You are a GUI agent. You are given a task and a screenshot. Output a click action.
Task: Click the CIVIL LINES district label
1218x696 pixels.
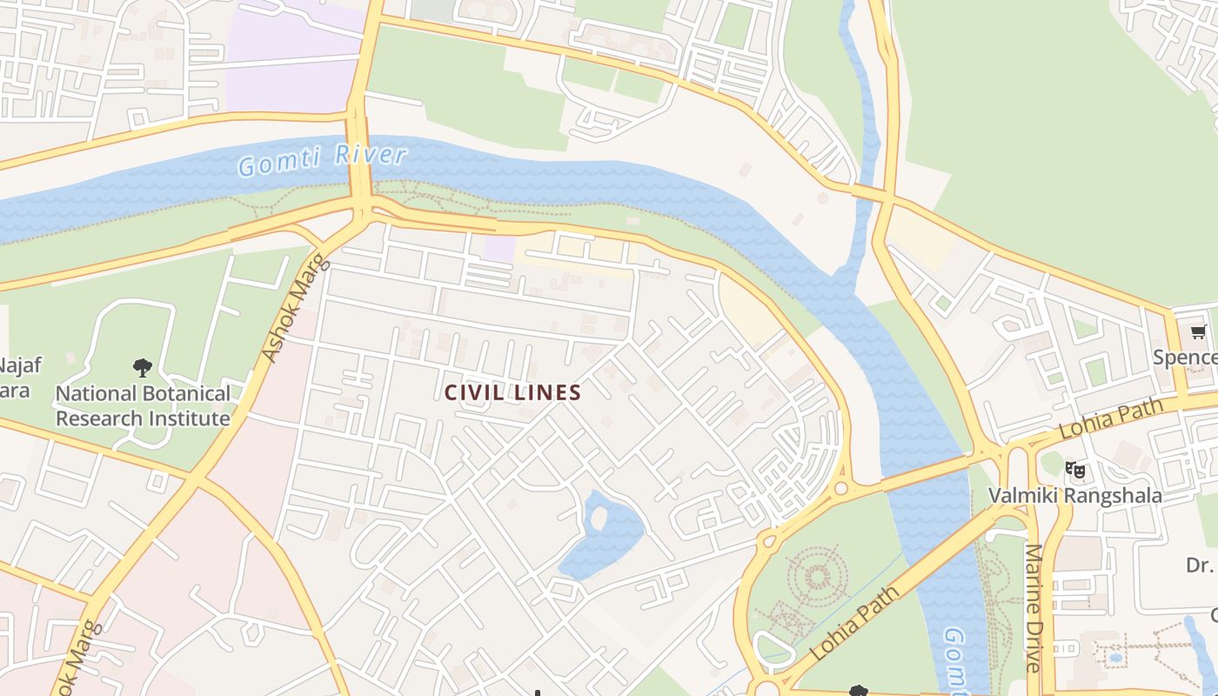(x=512, y=392)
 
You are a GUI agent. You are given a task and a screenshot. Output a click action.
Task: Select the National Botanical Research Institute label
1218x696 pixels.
(x=143, y=405)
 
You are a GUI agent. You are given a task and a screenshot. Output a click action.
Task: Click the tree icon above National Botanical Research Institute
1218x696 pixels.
(x=143, y=368)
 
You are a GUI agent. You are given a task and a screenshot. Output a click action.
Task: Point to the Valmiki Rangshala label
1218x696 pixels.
(x=1074, y=496)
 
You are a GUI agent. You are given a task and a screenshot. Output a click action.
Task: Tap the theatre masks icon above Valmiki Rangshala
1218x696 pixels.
(x=1075, y=471)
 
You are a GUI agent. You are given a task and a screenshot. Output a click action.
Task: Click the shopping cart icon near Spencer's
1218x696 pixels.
(x=1198, y=332)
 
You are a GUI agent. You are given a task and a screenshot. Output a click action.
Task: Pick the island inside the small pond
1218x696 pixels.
(x=599, y=519)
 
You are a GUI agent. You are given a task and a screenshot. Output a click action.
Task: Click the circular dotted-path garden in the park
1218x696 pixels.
(x=818, y=575)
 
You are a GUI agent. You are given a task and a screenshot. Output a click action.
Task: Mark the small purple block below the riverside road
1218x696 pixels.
(x=499, y=248)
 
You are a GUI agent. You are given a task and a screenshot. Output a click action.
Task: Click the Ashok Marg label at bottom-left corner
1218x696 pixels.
(x=77, y=659)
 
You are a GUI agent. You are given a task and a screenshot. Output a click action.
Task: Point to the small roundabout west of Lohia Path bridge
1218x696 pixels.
(x=840, y=489)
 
